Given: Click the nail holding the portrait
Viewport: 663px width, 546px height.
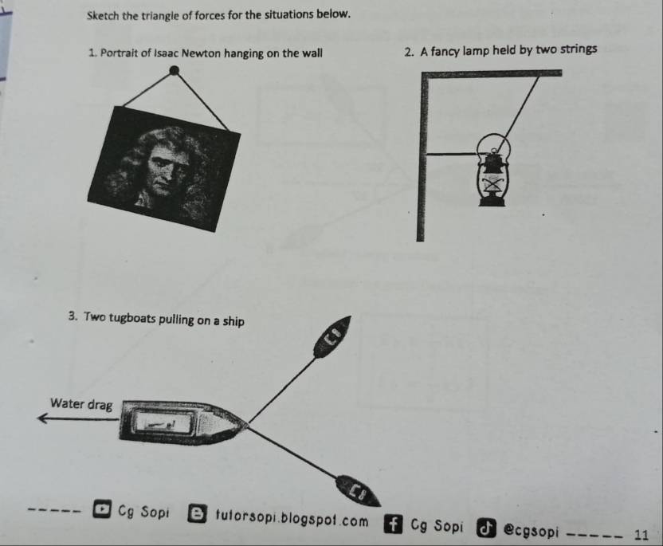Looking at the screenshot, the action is (174, 70).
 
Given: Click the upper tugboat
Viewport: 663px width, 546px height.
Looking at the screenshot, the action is (332, 336).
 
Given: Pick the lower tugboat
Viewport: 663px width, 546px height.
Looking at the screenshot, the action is (358, 491).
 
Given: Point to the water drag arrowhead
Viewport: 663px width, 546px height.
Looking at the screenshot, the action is (42, 418).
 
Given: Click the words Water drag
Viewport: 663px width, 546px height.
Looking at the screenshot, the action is (81, 404).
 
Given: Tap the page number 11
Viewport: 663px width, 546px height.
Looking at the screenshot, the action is (641, 535).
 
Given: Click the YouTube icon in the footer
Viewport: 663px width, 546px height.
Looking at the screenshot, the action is (102, 509).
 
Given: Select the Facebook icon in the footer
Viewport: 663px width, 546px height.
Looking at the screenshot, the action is (393, 524).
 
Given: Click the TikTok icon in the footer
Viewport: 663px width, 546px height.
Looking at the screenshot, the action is (486, 528).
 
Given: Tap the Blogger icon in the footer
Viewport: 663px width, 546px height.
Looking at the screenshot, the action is (197, 513).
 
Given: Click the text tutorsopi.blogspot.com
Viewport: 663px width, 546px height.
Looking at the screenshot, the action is (292, 517).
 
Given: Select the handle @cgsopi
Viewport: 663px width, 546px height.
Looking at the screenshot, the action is (531, 531).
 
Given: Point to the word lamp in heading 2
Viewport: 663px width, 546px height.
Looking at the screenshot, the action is (476, 51).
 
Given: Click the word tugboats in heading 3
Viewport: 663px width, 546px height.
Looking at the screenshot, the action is (132, 318).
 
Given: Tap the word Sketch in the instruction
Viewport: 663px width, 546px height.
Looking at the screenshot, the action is (103, 16).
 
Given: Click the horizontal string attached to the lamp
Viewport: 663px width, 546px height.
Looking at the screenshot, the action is (452, 155).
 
